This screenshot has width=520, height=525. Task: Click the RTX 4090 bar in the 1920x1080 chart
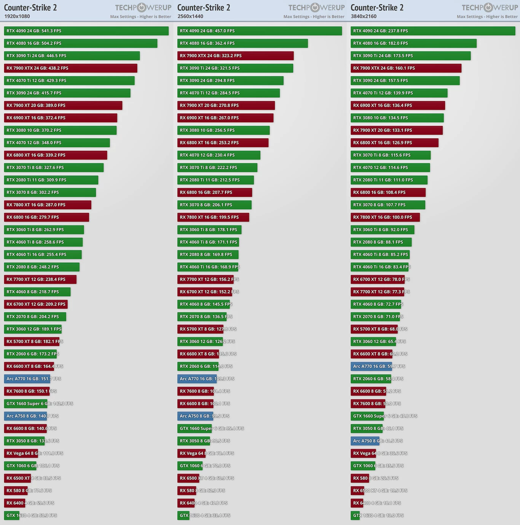tap(86, 31)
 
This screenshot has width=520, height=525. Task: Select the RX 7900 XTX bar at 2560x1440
tap(235, 56)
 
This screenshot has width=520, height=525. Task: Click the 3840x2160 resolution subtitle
tap(364, 16)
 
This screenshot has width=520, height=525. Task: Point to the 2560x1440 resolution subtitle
tap(190, 16)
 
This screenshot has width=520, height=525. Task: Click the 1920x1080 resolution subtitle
tap(17, 16)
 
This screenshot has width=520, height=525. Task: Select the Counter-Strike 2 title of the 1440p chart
tap(204, 8)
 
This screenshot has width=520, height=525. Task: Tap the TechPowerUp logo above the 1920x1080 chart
tap(143, 8)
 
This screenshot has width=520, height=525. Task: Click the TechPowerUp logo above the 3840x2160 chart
tap(490, 8)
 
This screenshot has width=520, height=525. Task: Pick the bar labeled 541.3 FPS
tap(86, 31)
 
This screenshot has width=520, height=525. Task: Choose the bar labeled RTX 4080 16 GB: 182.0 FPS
tap(413, 43)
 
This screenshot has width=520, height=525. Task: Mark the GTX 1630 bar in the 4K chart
tap(355, 515)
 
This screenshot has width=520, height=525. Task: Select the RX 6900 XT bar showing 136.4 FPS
tap(397, 105)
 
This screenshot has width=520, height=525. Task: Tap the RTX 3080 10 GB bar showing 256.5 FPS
tap(223, 130)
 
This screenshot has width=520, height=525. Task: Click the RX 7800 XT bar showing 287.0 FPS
tap(48, 205)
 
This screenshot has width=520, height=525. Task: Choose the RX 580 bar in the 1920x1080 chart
tap(16, 491)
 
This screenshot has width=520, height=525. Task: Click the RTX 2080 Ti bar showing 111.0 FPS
tap(389, 180)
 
